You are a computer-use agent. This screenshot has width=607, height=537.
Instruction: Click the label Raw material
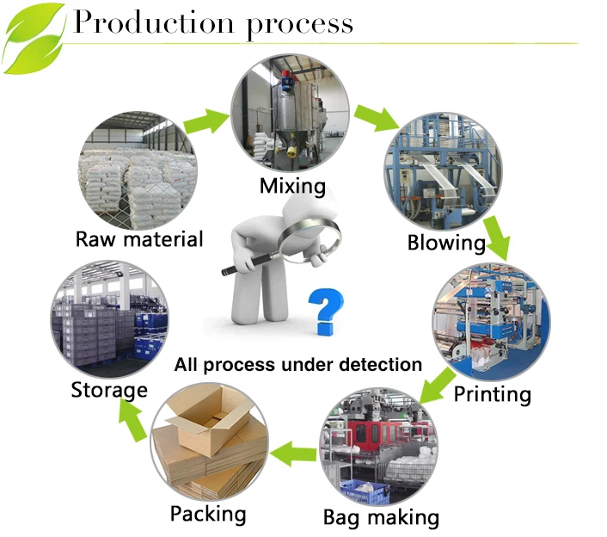[x=139, y=238]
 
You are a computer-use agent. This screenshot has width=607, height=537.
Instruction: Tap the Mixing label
[x=293, y=185]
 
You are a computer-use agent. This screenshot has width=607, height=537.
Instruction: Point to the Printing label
[x=493, y=394]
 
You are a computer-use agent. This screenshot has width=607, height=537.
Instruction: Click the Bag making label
[x=381, y=517]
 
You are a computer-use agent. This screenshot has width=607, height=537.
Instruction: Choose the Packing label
[x=208, y=515]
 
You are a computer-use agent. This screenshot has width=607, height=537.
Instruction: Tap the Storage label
[x=109, y=390]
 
